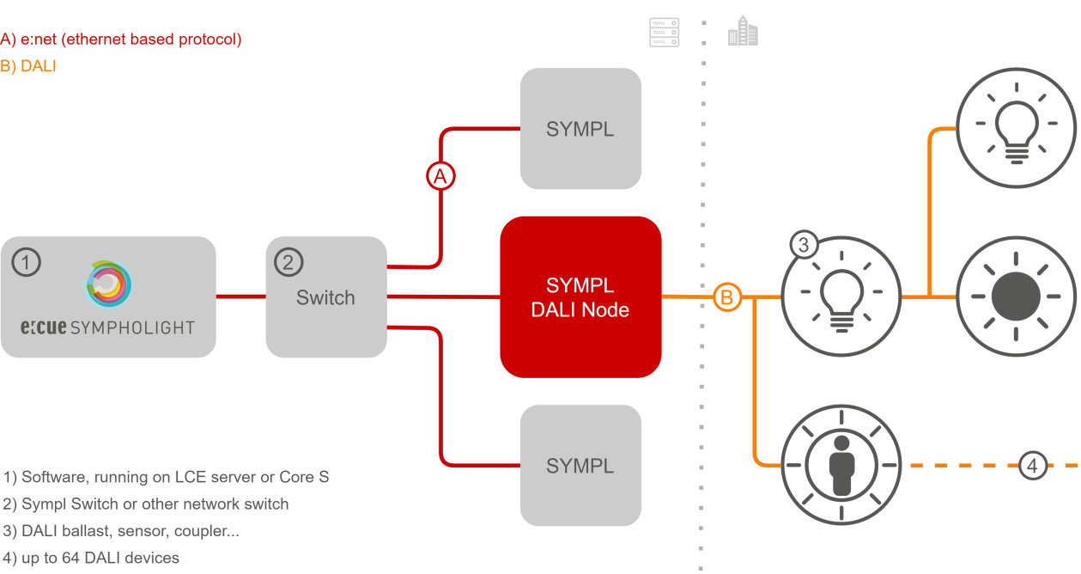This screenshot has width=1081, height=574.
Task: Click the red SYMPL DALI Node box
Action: (580, 296)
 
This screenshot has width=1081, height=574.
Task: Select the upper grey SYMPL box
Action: (580, 129)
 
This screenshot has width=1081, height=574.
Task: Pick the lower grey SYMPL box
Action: (580, 466)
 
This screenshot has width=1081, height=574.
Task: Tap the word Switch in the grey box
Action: (325, 298)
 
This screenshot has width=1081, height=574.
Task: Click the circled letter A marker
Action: (440, 176)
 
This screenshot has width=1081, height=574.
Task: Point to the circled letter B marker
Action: (726, 297)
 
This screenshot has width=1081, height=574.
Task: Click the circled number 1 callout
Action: (27, 262)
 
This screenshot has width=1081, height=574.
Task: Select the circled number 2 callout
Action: (288, 262)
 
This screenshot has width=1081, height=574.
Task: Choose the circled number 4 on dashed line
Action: (1033, 466)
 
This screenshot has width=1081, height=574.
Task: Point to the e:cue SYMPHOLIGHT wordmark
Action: (108, 327)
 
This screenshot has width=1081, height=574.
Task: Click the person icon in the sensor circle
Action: (841, 466)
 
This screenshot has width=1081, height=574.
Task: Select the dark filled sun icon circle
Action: (1016, 297)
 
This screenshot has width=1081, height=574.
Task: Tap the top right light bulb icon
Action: (1016, 129)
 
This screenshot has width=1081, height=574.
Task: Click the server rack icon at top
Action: (664, 33)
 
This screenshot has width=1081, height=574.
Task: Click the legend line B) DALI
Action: (28, 65)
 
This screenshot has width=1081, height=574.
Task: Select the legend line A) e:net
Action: (121, 39)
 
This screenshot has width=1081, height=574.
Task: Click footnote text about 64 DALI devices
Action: (91, 558)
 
